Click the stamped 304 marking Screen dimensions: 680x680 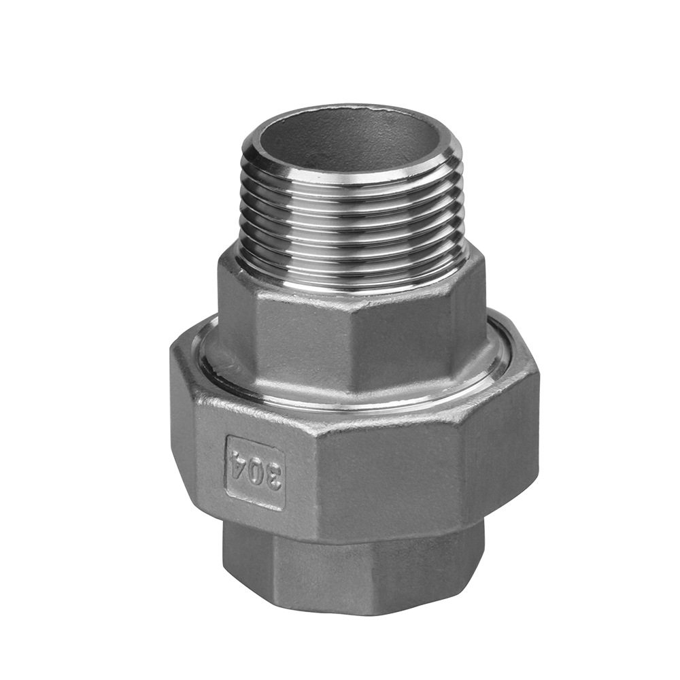tap(254, 473)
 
